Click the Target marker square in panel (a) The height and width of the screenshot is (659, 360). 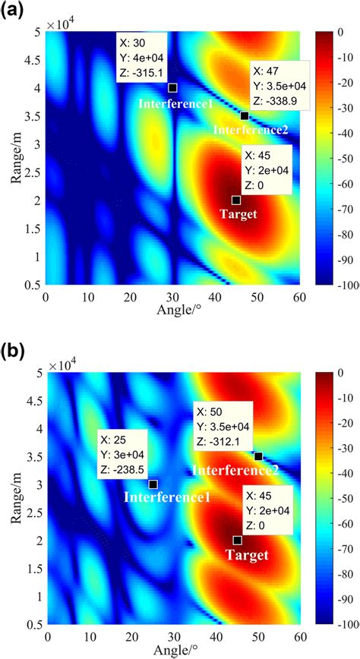click(x=236, y=200)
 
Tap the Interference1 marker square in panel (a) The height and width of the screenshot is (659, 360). click(x=172, y=87)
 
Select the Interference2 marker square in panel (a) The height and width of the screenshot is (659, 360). click(x=244, y=115)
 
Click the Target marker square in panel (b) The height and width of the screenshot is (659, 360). click(x=237, y=540)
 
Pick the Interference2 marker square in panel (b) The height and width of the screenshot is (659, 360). click(x=258, y=456)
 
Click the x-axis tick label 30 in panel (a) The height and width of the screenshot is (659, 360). click(x=172, y=295)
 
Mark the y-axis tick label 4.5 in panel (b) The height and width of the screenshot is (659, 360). click(x=32, y=403)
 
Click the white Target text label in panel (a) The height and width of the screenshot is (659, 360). click(x=238, y=215)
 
